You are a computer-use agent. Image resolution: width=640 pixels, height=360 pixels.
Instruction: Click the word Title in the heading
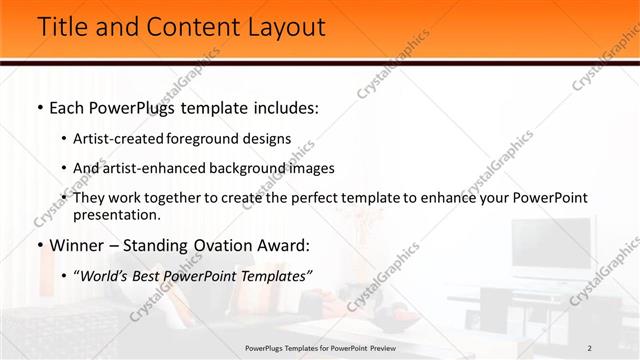[x=62, y=27]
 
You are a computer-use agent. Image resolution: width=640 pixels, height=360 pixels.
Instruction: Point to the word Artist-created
[x=125, y=139]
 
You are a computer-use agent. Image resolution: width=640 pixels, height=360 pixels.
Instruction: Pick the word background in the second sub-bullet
[x=238, y=169]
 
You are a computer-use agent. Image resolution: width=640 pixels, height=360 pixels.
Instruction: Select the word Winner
[x=76, y=245]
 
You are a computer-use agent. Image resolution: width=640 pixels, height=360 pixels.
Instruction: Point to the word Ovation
[x=214, y=245]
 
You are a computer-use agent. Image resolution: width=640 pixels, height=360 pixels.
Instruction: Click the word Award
[x=282, y=245]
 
